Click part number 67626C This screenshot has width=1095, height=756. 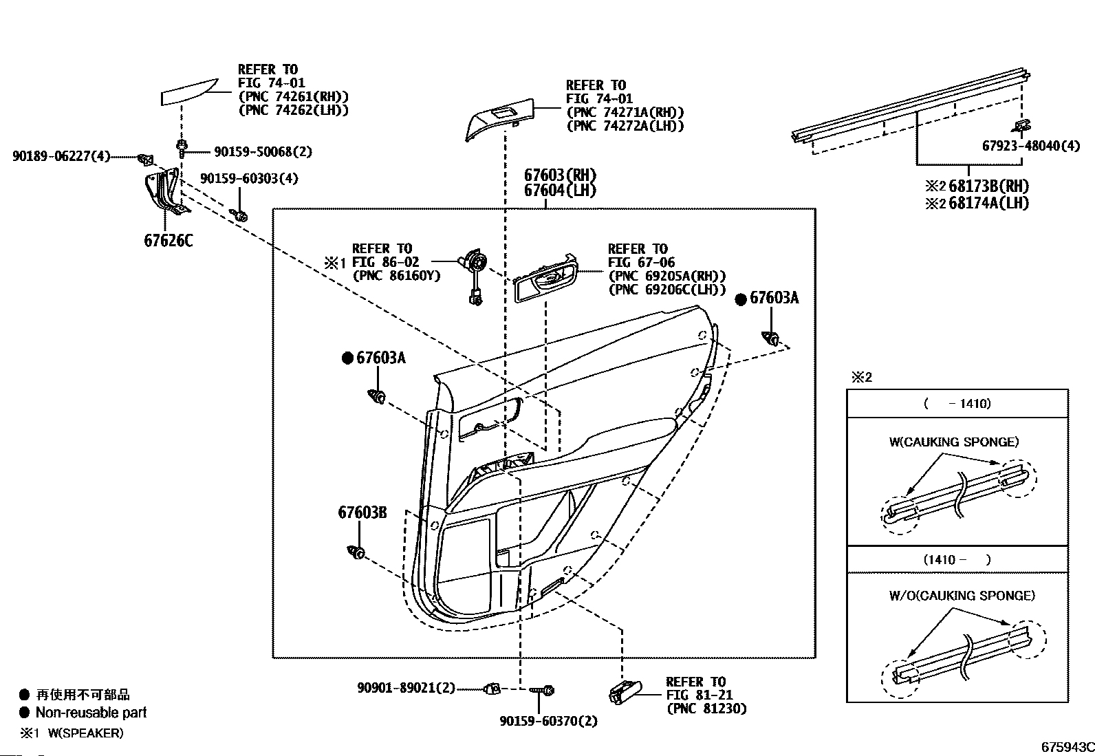pyautogui.click(x=169, y=240)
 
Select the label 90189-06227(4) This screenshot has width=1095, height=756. pyautogui.click(x=61, y=157)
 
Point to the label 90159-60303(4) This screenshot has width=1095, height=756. pyautogui.click(x=250, y=179)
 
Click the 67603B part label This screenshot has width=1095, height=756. pyautogui.click(x=362, y=512)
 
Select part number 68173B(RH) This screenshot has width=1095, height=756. pyautogui.click(x=988, y=186)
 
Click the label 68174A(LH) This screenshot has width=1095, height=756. pyautogui.click(x=988, y=203)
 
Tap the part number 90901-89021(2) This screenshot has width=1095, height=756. pyautogui.click(x=406, y=687)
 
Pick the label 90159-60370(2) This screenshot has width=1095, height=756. pyautogui.click(x=548, y=721)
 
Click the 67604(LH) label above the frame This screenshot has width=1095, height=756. pyautogui.click(x=560, y=191)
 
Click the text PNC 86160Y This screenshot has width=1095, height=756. pyautogui.click(x=396, y=276)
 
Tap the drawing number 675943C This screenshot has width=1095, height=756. pyautogui.click(x=1066, y=747)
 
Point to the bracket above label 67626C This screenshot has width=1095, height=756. pyautogui.click(x=164, y=193)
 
